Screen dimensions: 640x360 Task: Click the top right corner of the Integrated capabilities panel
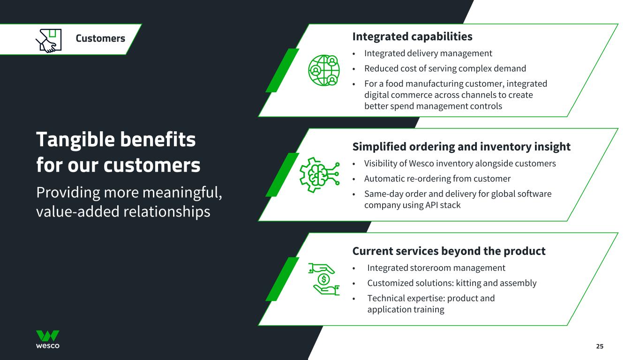pyautogui.click(x=618, y=24)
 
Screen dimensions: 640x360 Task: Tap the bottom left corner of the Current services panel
pyautogui.click(x=258, y=325)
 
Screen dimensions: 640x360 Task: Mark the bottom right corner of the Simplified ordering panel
pyautogui.click(x=567, y=221)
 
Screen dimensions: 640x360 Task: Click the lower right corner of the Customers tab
pyautogui.click(x=126, y=54)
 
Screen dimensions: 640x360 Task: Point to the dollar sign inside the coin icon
pyautogui.click(x=324, y=279)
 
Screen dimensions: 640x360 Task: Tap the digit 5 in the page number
pyautogui.click(x=602, y=346)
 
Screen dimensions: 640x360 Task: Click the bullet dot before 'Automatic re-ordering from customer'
pyautogui.click(x=354, y=179)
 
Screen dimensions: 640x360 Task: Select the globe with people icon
pyautogui.click(x=324, y=70)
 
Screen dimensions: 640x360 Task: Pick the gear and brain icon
pyautogui.click(x=319, y=174)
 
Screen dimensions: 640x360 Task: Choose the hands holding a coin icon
pyautogui.click(x=324, y=279)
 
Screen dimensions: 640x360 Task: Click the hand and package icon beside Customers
pyautogui.click(x=49, y=41)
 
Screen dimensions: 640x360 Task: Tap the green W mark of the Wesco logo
pyautogui.click(x=48, y=336)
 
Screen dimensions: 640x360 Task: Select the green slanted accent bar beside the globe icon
pyautogui.click(x=282, y=70)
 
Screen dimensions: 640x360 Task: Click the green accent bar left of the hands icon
pyautogui.click(x=282, y=279)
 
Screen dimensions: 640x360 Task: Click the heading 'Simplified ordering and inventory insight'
pyautogui.click(x=461, y=147)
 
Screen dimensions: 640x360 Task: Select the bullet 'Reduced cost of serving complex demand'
pyautogui.click(x=445, y=68)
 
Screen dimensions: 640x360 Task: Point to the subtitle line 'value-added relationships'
pyautogui.click(x=123, y=212)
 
